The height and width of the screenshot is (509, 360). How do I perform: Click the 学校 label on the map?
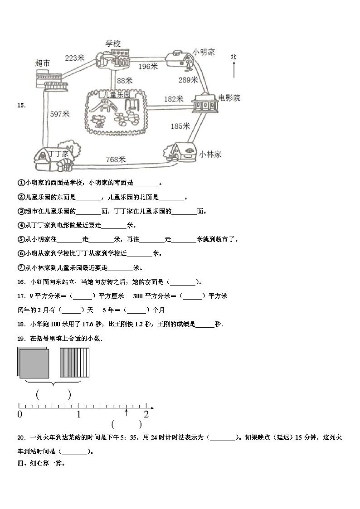coord(113,44)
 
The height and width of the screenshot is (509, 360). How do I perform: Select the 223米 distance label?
coord(74,58)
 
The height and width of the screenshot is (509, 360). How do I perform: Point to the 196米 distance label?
coord(148,67)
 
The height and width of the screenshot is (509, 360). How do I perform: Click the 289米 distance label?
coord(188,80)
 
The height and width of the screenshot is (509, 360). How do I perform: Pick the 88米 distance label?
coord(124,81)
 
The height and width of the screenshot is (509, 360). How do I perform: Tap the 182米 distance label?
coord(173,99)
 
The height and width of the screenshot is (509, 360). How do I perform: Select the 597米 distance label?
coord(59,115)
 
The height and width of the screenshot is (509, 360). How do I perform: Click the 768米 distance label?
coord(116,159)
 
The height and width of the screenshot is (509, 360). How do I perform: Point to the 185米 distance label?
coord(180,126)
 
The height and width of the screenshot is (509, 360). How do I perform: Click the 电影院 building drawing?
coord(204,104)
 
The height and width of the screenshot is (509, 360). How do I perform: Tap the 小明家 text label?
coord(203,53)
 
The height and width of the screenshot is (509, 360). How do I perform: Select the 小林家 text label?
coord(210,154)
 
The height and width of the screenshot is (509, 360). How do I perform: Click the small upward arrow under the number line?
coord(126,412)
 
